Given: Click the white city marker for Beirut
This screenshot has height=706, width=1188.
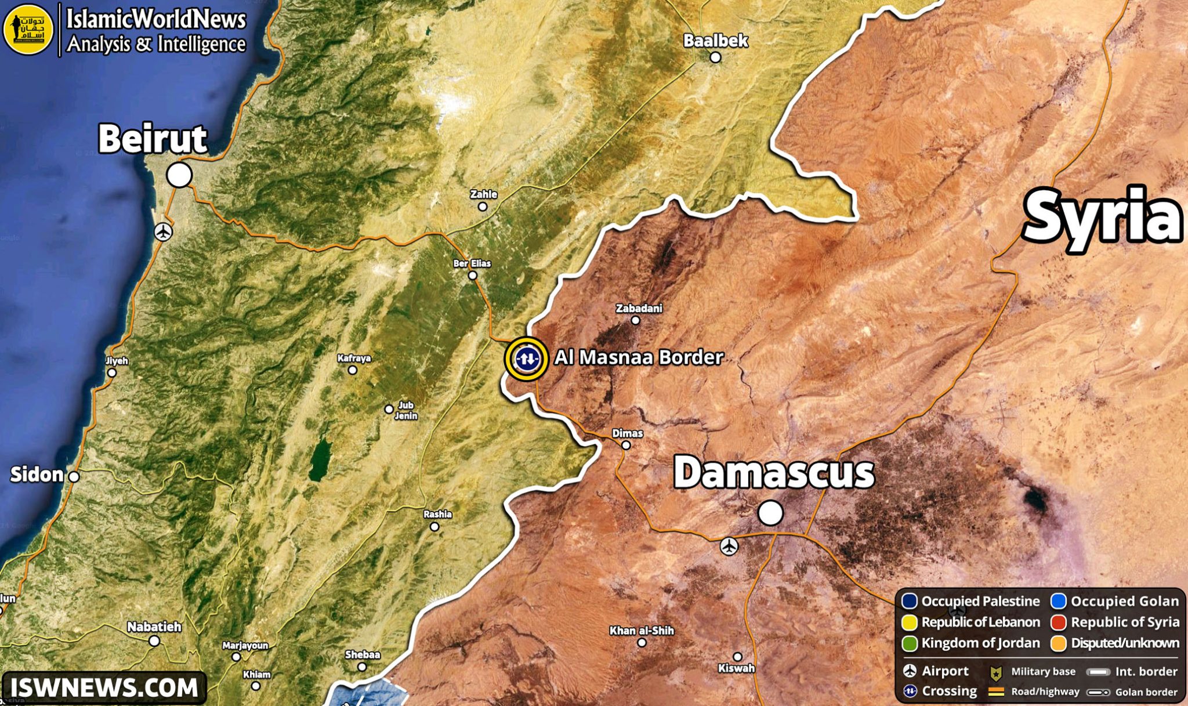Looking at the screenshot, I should coord(179,175).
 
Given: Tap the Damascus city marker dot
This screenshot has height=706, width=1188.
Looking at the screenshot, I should coord(770,513).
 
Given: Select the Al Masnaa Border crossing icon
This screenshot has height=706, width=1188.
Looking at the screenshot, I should coord(526,359).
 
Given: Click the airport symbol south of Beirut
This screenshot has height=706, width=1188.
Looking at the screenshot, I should coord(164,232).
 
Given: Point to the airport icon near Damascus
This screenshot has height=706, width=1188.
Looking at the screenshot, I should coord(729,546).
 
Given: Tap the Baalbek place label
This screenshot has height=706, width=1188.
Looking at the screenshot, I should coord(715,41).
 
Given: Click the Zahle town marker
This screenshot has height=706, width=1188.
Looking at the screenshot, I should coord(482,207).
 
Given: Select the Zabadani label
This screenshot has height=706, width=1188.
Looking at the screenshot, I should coord(639,308).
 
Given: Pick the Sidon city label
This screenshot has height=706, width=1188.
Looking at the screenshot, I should coord(37,475).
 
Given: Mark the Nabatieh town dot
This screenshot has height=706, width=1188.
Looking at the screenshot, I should coord(154,641).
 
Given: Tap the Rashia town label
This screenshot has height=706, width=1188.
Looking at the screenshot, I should coord(437,514).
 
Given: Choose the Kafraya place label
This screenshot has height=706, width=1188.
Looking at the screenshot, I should coord(354,358).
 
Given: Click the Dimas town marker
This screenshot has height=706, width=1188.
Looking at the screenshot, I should coord(626,445).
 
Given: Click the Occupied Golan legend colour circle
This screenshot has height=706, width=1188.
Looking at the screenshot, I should coord(1059,602).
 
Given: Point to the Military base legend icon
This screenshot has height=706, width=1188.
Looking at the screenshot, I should coord(996,672).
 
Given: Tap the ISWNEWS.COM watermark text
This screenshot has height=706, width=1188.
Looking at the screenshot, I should coord(104,688).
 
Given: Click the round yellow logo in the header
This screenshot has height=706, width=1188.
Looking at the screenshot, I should coord(28,29).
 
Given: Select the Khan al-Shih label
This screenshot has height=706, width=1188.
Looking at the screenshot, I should coord(642,631).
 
